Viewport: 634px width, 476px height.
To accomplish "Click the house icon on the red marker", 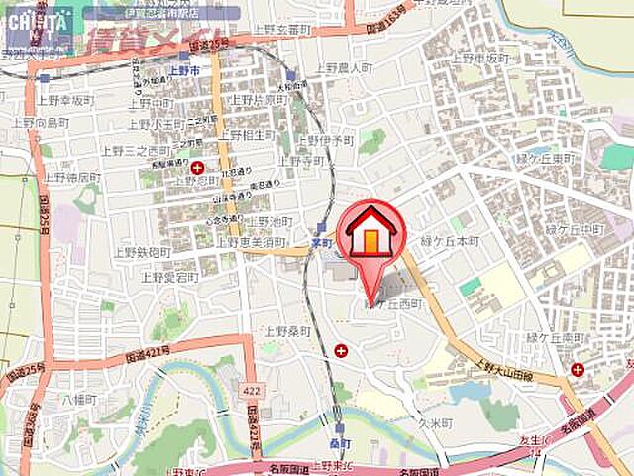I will pos(370,232).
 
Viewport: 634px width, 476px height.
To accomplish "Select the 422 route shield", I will pos(252,387).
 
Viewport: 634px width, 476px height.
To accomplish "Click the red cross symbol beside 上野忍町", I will pos(198,167).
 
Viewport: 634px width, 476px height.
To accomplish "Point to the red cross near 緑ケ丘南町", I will pos(577,370).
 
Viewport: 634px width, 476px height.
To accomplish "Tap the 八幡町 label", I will pos(73,401).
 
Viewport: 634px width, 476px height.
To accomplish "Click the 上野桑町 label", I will pos(287,331).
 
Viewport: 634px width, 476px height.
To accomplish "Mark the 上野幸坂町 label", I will pos(65,100).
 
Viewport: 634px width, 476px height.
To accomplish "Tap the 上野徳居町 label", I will pos(71,177).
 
